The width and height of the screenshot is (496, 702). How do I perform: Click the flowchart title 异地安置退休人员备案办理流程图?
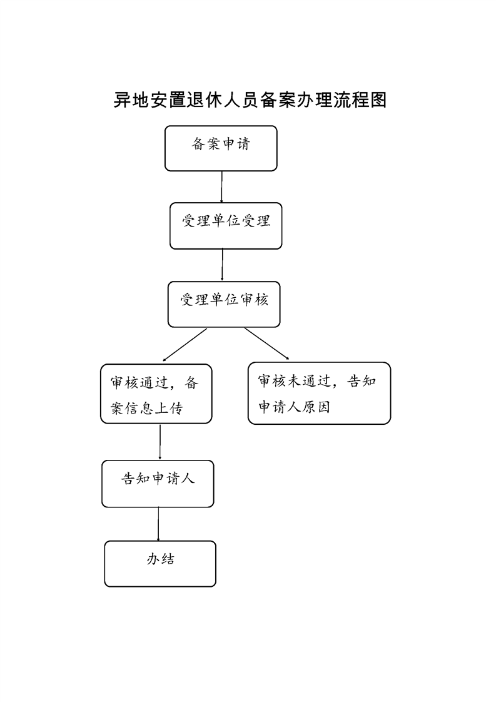[250, 100]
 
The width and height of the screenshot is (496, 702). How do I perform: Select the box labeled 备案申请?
[221, 148]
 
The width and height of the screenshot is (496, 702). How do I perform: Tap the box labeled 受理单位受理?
[226, 226]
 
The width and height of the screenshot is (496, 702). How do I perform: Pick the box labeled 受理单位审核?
[224, 305]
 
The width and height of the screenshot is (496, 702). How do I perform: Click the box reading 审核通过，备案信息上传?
[156, 394]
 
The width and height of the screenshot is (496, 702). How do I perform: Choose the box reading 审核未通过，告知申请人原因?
[319, 393]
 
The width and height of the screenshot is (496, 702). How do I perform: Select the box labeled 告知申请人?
[158, 484]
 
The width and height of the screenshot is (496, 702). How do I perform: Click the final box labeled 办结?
[160, 564]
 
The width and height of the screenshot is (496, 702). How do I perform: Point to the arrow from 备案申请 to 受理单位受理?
[221, 186]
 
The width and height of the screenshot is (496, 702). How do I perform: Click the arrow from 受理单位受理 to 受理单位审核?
[222, 265]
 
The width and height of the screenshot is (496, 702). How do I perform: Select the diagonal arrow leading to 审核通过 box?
[185, 344]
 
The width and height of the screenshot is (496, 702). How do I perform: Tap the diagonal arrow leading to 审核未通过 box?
[267, 343]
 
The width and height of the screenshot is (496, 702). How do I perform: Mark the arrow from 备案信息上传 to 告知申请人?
[160, 442]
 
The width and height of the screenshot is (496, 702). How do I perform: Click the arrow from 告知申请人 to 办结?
[158, 524]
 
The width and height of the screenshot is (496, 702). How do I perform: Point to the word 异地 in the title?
[131, 100]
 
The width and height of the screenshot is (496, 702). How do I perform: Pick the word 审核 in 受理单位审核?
[255, 299]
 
